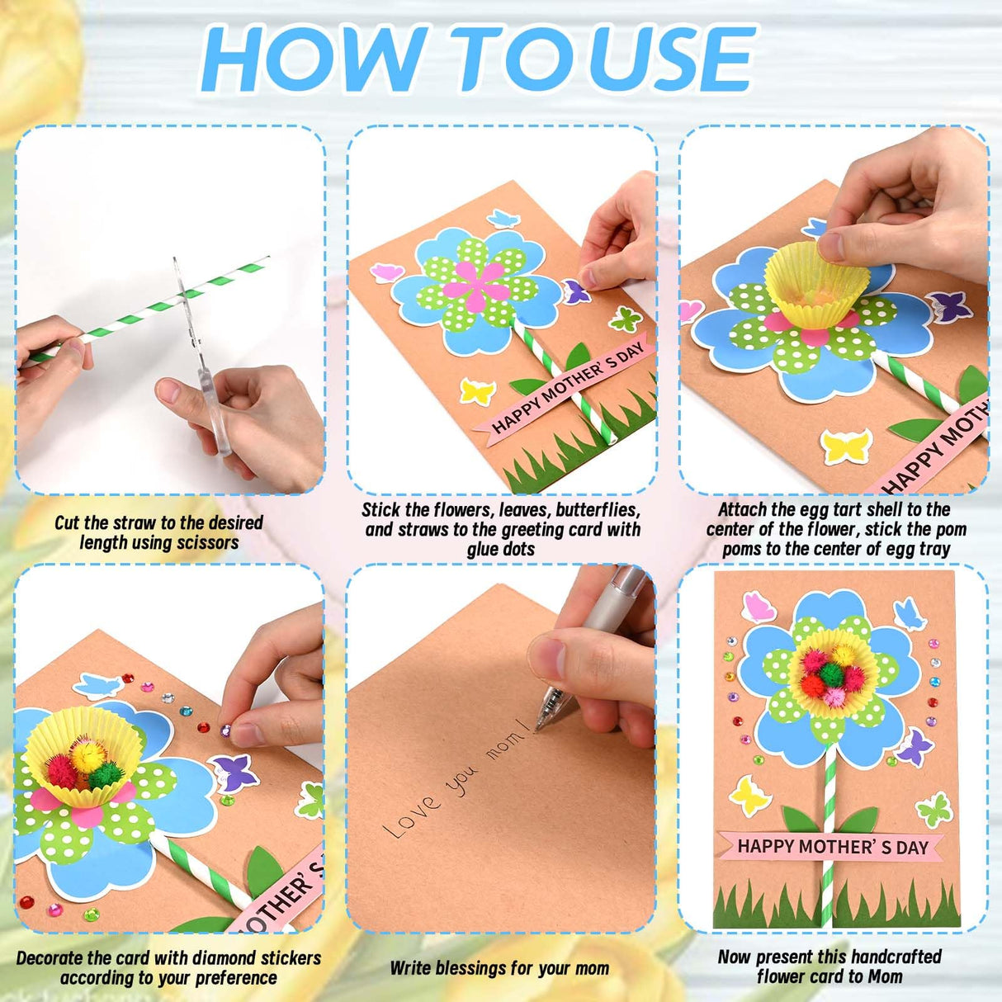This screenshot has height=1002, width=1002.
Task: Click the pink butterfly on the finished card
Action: pyautogui.click(x=759, y=607)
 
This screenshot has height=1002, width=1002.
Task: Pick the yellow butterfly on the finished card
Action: pyautogui.click(x=749, y=796)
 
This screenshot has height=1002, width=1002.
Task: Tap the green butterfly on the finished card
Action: pyautogui.click(x=933, y=809)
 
